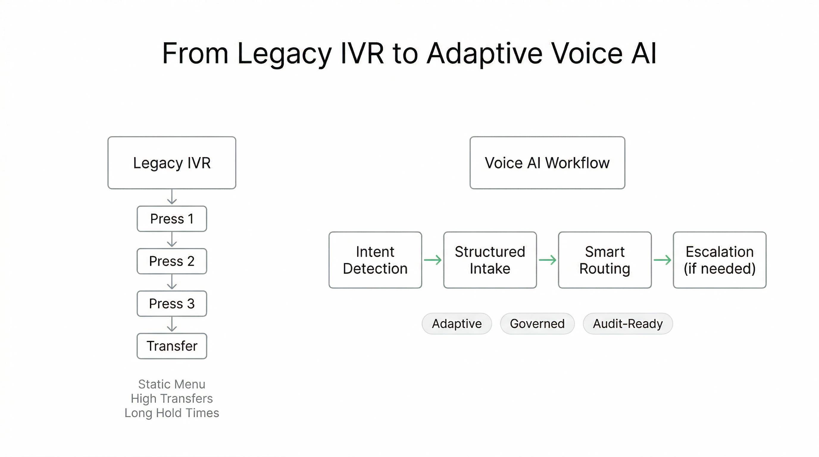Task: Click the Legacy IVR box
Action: (x=172, y=163)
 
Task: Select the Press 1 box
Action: (x=172, y=219)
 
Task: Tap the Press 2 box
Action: (x=172, y=261)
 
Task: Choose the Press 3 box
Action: (x=172, y=303)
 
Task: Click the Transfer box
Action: (x=172, y=346)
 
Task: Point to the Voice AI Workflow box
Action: (x=547, y=163)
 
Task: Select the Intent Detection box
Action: (x=375, y=260)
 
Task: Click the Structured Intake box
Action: (x=490, y=260)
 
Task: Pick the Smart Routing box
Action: (x=605, y=260)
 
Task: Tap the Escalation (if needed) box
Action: (x=720, y=260)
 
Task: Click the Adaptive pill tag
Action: (x=457, y=323)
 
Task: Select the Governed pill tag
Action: (x=537, y=323)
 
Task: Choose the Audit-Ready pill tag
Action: (x=628, y=323)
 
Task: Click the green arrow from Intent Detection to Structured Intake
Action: (x=433, y=260)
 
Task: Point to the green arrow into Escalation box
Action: (x=662, y=260)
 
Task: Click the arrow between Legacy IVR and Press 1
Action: (x=172, y=197)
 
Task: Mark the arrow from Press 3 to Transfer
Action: (x=172, y=325)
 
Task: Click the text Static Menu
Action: (x=172, y=384)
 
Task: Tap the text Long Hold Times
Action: (x=172, y=413)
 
